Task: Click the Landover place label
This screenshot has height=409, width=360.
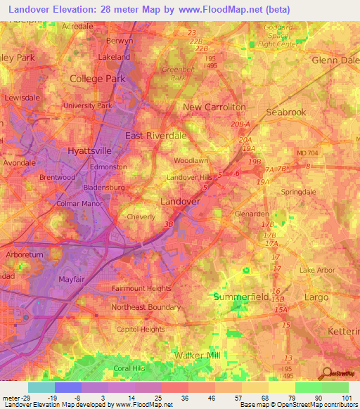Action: [181, 201]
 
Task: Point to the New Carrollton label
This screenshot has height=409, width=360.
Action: [214, 107]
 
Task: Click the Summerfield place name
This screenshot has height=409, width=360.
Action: [241, 297]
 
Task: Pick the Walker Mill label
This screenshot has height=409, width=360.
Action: [203, 356]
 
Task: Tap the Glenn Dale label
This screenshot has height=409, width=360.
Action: [333, 60]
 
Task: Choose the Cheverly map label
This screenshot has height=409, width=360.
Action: [141, 217]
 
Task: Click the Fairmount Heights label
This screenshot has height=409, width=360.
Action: [141, 288]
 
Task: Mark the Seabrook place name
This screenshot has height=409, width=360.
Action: [286, 112]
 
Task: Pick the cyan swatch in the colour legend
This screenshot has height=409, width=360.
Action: [41, 387]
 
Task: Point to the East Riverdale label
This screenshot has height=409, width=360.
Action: [155, 135]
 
